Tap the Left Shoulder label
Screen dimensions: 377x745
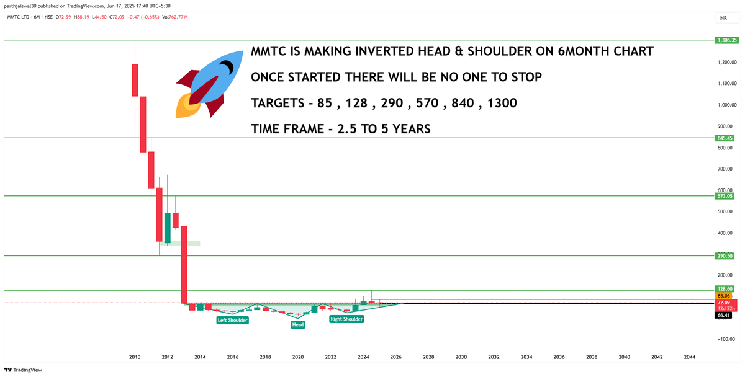(x=232, y=321)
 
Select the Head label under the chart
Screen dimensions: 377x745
(x=298, y=324)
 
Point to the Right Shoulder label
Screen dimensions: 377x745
(x=346, y=319)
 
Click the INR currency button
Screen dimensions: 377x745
(x=723, y=19)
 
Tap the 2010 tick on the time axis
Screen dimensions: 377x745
(x=135, y=357)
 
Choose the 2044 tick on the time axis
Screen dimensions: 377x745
(x=690, y=357)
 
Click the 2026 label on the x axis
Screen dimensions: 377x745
(x=395, y=357)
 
